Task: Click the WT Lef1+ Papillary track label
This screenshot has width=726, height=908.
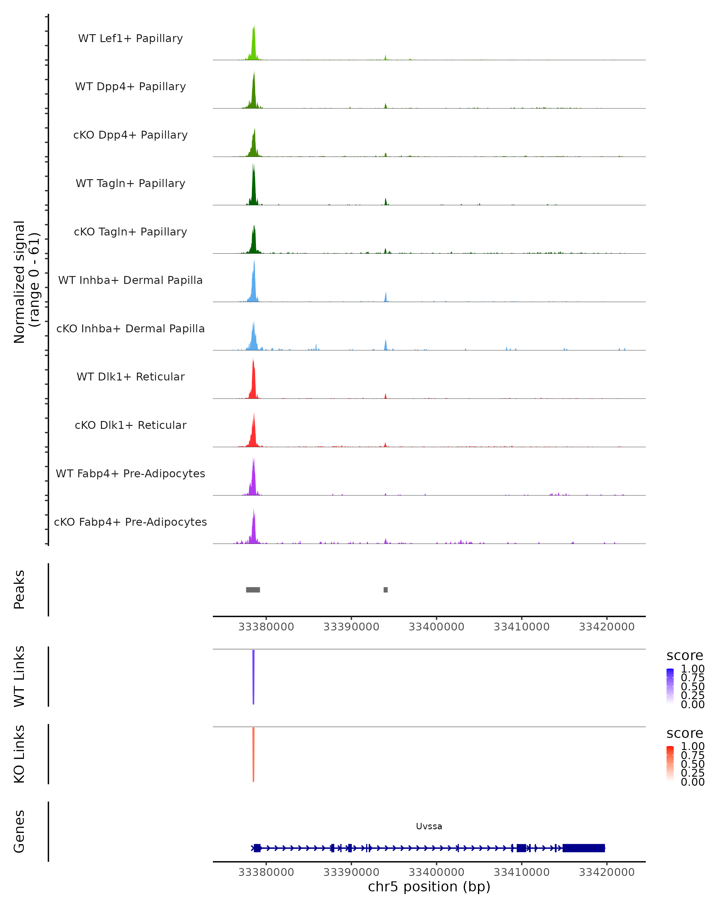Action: (130, 38)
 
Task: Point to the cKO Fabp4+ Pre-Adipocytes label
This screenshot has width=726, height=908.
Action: (130, 522)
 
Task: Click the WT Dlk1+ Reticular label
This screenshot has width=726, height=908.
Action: (130, 377)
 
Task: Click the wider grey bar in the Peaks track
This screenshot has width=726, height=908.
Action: (253, 590)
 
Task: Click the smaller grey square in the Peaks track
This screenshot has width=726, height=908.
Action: (385, 590)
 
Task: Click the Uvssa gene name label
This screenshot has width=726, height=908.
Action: (429, 826)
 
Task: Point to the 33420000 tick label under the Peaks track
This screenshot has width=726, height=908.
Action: (607, 627)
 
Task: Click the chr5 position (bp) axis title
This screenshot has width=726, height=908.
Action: (429, 887)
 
